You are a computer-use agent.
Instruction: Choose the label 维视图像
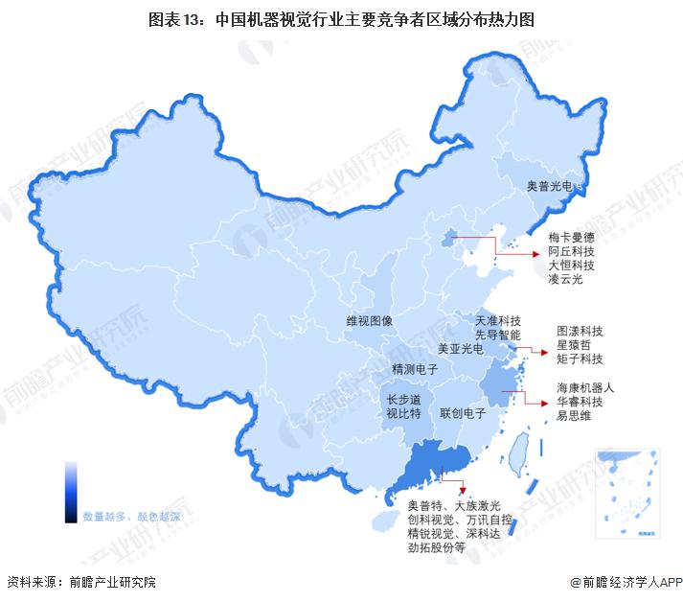click(x=370, y=322)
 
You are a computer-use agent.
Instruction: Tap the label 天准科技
click(x=498, y=320)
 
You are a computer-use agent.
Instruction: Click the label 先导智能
click(x=498, y=336)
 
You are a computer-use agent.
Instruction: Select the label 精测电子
click(x=416, y=369)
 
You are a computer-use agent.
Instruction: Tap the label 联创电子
click(x=464, y=413)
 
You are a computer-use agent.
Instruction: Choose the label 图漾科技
click(x=580, y=329)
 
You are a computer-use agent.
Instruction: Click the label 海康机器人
click(x=585, y=388)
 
